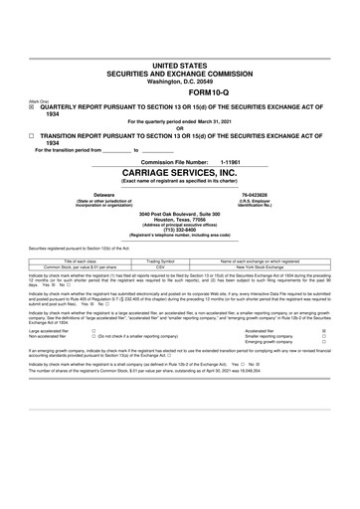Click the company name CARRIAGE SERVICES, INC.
[180, 171]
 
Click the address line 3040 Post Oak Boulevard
[179, 214]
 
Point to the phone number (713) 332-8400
[179, 231]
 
